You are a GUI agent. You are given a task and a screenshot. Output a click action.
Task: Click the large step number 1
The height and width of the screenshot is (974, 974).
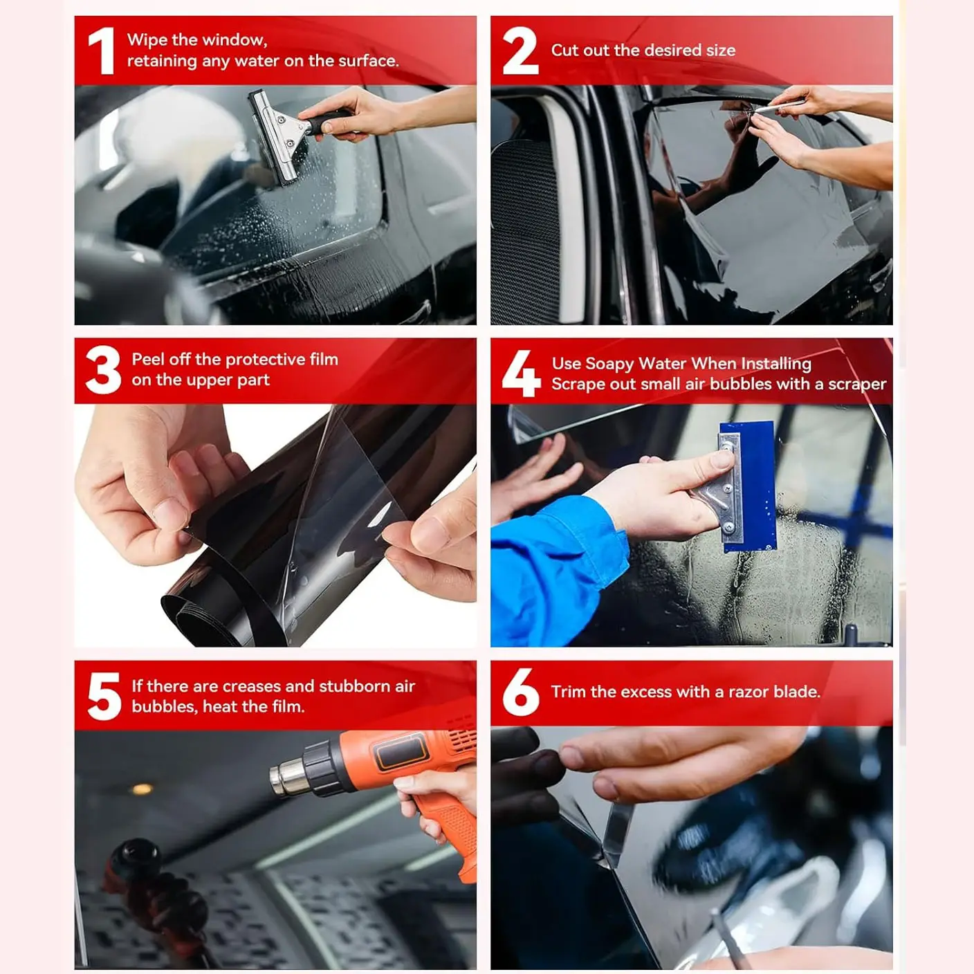tap(102, 51)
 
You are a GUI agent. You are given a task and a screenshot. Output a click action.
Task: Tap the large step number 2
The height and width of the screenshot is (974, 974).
tap(521, 50)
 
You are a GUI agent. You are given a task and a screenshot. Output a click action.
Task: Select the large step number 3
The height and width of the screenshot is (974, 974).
tap(104, 370)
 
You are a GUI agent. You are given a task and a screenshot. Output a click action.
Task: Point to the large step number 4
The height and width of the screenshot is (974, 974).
tap(521, 373)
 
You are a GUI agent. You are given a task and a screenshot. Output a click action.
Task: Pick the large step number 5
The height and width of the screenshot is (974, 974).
tap(104, 696)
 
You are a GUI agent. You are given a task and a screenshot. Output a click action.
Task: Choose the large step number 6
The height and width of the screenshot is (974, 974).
tap(521, 692)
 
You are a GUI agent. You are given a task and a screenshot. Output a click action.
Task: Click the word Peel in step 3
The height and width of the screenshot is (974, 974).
tap(148, 359)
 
